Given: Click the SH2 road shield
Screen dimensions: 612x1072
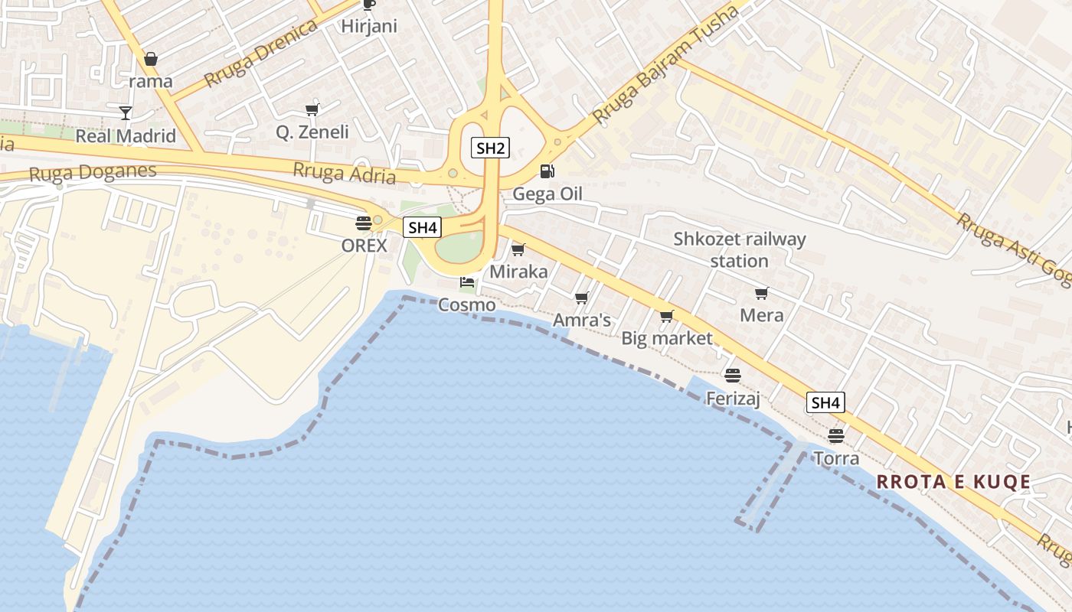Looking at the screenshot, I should [x=490, y=148].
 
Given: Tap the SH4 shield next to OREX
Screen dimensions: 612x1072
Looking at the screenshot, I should [x=422, y=227].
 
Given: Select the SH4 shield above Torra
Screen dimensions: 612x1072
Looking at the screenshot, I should [x=825, y=402].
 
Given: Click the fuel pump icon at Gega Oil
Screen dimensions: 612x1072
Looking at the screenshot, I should [x=547, y=171].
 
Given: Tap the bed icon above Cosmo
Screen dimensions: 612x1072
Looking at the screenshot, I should [x=466, y=282].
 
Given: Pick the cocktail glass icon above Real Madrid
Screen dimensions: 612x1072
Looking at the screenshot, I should [x=126, y=113].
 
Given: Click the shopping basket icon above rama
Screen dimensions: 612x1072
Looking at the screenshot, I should [x=151, y=59].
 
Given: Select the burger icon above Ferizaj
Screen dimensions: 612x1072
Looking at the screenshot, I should [x=733, y=376].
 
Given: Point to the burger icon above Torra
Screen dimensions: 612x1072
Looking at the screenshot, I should [x=835, y=436].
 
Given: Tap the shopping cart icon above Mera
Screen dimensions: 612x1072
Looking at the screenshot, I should [x=761, y=294].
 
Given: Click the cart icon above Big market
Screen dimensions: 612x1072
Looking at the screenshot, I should [x=666, y=316].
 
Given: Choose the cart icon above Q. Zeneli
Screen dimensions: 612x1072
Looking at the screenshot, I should [x=312, y=110].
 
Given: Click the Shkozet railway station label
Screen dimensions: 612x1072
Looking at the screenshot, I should [x=739, y=250].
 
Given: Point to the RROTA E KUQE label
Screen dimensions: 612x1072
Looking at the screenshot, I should [x=953, y=482].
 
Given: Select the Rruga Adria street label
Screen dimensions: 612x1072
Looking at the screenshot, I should [x=345, y=174].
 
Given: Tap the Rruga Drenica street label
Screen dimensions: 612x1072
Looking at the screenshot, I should [x=261, y=54].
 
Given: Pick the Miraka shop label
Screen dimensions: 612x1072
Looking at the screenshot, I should [x=518, y=272].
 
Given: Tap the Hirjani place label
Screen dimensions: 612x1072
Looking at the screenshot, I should [x=369, y=26].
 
